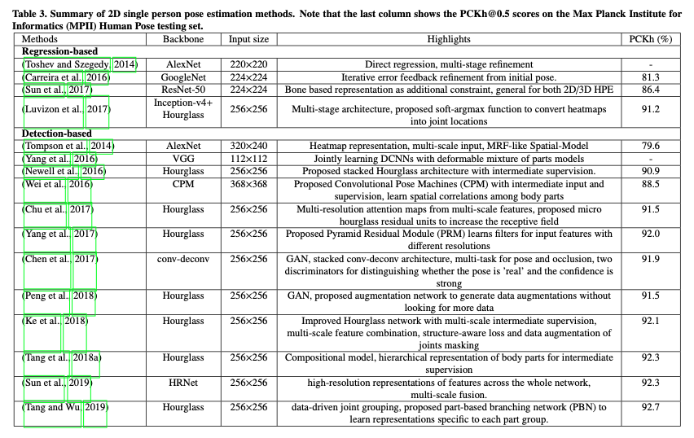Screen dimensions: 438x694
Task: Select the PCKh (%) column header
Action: (x=650, y=39)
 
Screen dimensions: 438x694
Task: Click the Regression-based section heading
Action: (x=56, y=51)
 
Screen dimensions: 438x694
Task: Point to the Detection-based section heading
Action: (x=55, y=134)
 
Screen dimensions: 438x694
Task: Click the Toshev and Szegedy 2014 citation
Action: (x=80, y=64)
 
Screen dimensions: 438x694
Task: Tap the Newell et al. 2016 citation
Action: (x=64, y=171)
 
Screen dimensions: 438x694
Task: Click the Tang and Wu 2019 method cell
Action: (x=64, y=407)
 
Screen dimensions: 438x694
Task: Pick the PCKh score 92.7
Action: (x=650, y=407)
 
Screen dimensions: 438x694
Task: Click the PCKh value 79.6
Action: (x=650, y=146)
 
